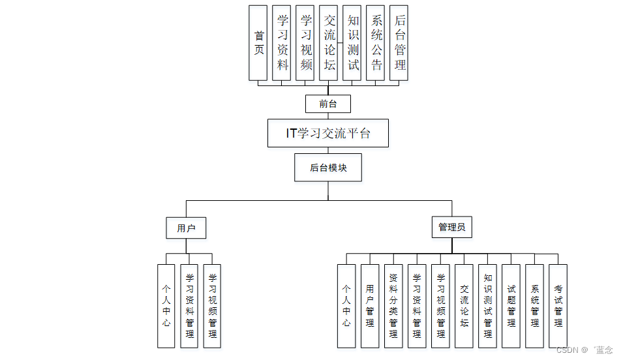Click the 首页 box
[x=258, y=43]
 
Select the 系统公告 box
[x=376, y=43]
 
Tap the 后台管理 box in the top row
[x=399, y=43]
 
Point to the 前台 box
[x=328, y=104]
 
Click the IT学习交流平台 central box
[x=328, y=133]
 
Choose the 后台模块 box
[x=328, y=168]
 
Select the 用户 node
[x=187, y=228]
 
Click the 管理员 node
[x=451, y=228]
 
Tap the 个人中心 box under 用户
[x=166, y=305]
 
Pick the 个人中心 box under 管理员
[x=346, y=305]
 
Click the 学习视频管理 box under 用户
[x=212, y=305]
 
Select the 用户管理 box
[x=370, y=305]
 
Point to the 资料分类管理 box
[x=393, y=305]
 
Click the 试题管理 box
[x=511, y=305]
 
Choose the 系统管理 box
[x=534, y=305]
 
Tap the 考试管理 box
[x=558, y=305]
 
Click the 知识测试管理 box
[x=487, y=305]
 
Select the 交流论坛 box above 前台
[x=329, y=43]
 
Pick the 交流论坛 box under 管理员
[x=464, y=305]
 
